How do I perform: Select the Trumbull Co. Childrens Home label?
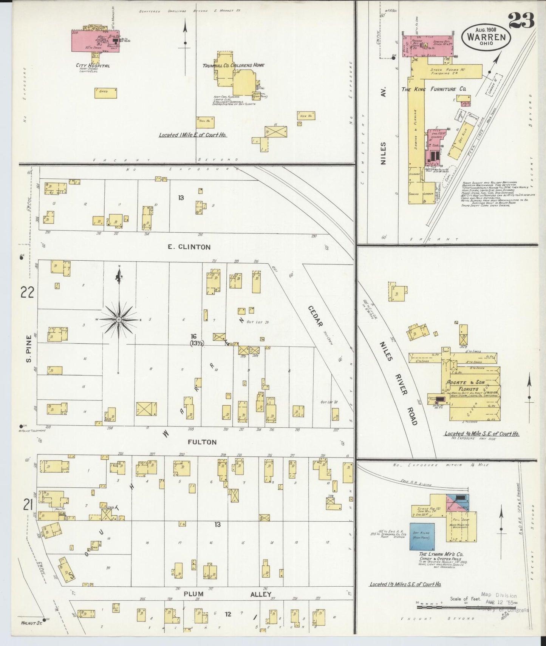(233, 65)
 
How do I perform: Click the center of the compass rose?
(119, 320)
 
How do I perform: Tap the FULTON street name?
(202, 442)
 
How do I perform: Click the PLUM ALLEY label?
(227, 594)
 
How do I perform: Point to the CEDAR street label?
(315, 316)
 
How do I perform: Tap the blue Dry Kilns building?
(422, 536)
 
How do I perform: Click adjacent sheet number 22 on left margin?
(27, 292)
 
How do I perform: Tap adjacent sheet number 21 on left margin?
(27, 505)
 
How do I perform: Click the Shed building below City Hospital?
(105, 93)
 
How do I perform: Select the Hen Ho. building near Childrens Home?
(306, 115)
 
